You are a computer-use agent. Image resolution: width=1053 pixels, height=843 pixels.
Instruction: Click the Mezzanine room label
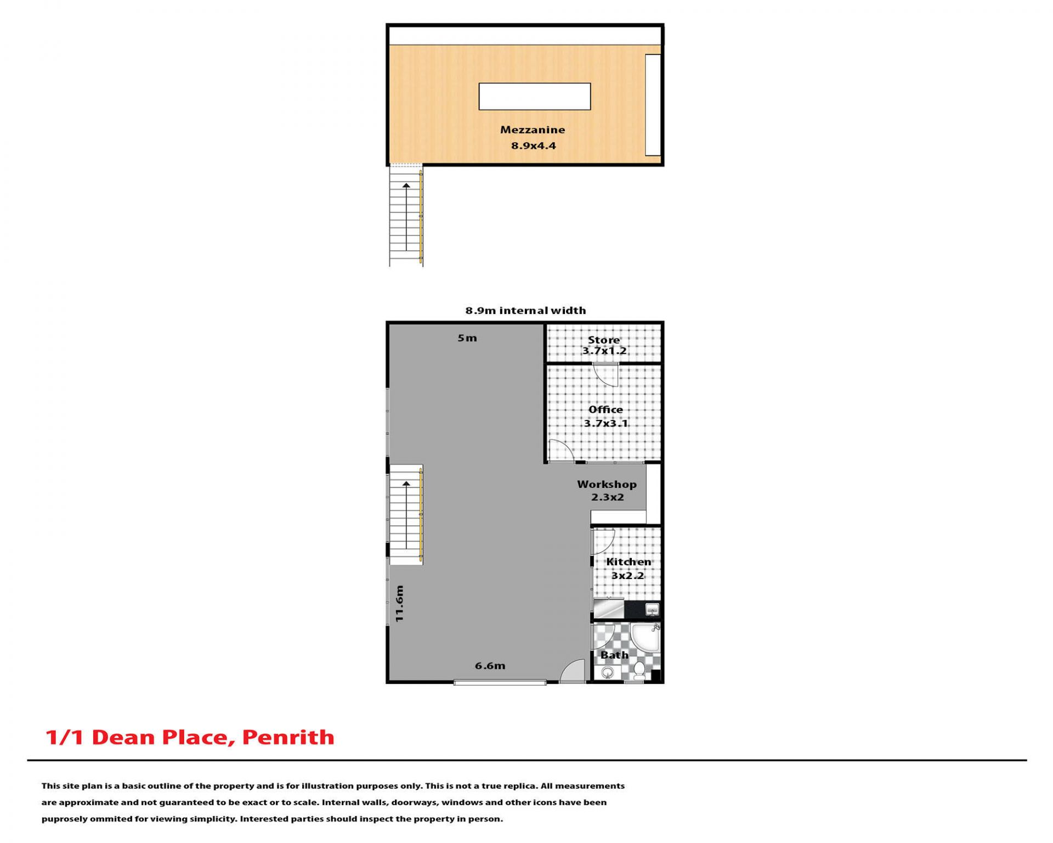532,130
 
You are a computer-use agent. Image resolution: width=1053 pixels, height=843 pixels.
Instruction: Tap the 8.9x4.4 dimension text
533,145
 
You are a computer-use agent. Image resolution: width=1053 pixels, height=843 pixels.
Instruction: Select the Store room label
603,340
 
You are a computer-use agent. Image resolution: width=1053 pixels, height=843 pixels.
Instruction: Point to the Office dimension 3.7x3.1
605,423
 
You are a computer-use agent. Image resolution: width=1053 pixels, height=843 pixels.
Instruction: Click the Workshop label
607,484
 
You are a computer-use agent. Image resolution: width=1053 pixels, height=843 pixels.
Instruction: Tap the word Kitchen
629,561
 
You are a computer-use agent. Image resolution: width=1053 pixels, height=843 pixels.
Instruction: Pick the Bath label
614,655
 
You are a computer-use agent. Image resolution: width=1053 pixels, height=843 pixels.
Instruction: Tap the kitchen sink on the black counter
652,609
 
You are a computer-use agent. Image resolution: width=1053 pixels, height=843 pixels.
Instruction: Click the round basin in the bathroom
607,672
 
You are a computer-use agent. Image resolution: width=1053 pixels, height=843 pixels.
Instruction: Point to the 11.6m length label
399,604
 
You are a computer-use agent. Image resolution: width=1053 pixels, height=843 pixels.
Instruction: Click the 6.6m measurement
490,666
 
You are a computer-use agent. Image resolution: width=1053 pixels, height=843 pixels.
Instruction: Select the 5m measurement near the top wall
467,338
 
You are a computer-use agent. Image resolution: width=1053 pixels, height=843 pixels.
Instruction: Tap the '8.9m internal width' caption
525,310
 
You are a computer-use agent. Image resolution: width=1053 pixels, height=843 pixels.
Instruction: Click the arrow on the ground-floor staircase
406,515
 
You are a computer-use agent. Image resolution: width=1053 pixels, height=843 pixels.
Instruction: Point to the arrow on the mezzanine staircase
406,217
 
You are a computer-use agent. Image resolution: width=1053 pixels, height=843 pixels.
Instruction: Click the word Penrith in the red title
288,737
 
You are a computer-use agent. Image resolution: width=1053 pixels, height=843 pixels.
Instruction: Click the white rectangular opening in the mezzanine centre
535,97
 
